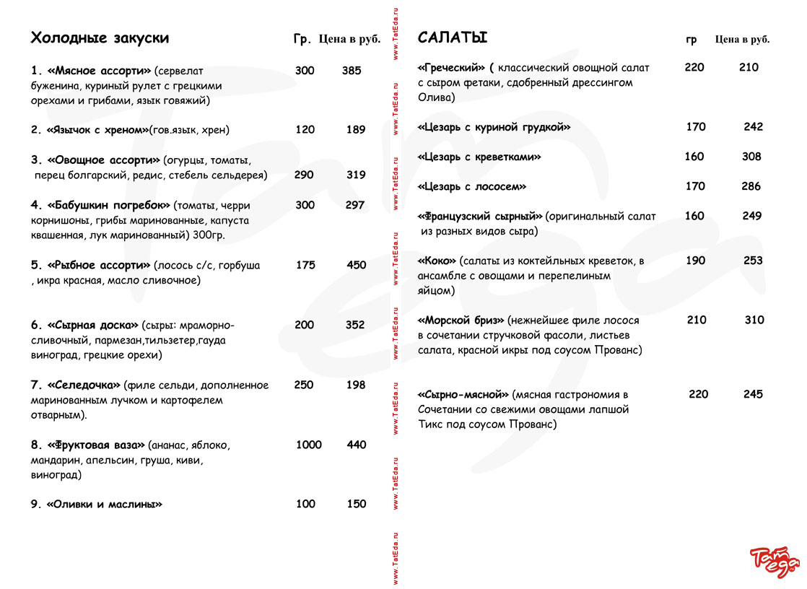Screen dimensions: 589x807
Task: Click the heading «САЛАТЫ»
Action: [x=453, y=38]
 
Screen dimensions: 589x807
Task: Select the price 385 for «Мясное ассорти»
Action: [x=352, y=71]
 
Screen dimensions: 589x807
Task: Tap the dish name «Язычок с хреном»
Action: [x=97, y=130]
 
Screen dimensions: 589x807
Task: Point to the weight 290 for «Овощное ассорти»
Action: [x=304, y=175]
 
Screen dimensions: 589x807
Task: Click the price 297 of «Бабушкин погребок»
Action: [x=355, y=205]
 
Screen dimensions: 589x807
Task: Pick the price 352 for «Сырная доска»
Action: [x=355, y=325]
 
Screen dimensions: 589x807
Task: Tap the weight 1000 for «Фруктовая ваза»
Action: [x=308, y=445]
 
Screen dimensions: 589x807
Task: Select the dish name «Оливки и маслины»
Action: [x=104, y=505]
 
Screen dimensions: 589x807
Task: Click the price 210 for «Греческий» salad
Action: [x=749, y=67]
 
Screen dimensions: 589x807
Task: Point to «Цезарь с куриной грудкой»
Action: [x=494, y=127]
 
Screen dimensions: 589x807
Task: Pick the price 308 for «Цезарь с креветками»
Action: [x=751, y=157]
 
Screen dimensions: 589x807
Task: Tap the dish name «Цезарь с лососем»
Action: [x=472, y=186]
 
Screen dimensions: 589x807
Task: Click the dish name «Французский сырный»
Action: [x=480, y=216]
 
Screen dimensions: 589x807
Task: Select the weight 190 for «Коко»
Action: [x=695, y=261]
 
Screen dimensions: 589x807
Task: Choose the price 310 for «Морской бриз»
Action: [x=754, y=320]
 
